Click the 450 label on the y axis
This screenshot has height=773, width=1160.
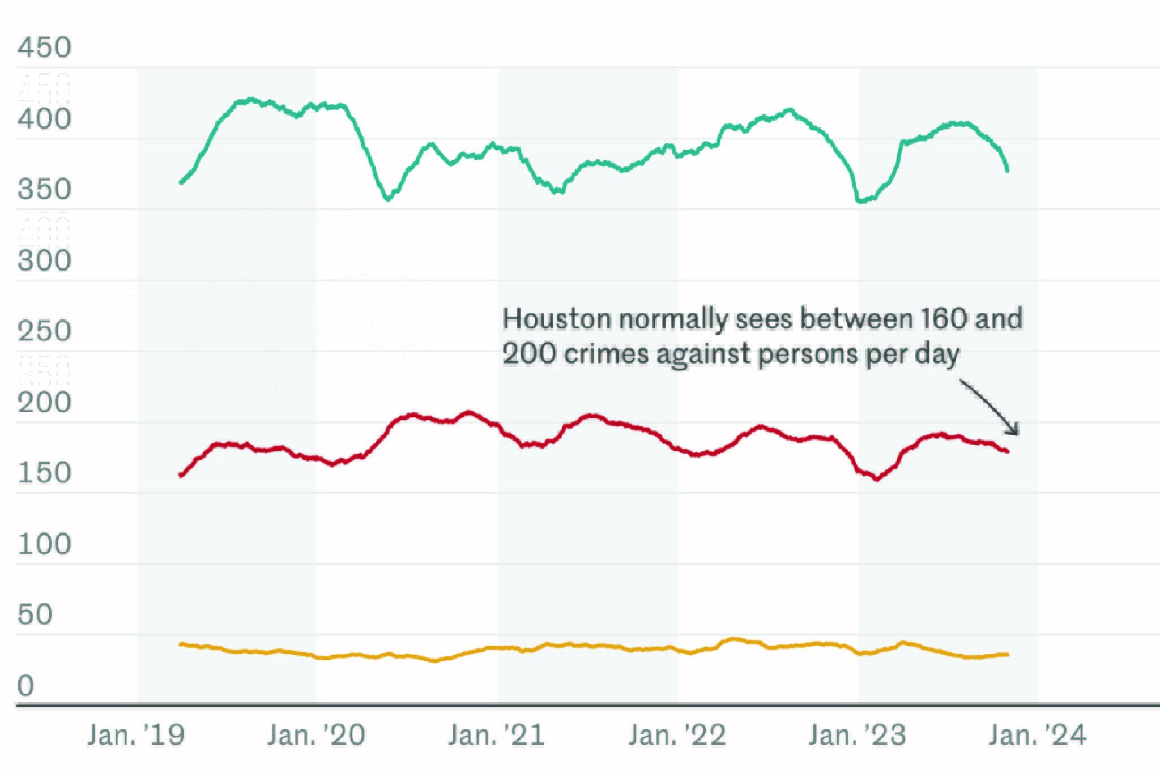[44, 48]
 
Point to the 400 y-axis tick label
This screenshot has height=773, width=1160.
[44, 119]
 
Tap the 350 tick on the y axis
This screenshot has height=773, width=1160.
[44, 190]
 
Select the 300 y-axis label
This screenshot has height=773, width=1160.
[44, 261]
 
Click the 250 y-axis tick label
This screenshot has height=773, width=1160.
[44, 331]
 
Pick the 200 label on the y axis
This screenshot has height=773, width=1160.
[44, 403]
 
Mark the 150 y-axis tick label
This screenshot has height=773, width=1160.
[44, 473]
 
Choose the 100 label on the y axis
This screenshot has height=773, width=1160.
[44, 544]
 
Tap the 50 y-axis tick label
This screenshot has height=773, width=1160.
[35, 615]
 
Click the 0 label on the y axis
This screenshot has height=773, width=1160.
[26, 686]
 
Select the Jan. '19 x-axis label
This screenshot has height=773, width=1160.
[136, 736]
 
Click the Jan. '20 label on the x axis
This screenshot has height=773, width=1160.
[316, 736]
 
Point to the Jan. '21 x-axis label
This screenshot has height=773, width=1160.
[496, 736]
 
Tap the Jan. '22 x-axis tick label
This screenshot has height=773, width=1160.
[677, 736]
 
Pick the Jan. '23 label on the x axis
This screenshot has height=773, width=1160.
[857, 736]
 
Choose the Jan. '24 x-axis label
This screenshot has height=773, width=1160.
[1037, 736]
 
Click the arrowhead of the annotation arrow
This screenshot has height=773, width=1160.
[1016, 432]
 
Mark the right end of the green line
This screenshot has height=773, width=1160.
[1008, 170]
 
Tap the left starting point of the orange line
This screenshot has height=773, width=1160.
[181, 644]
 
